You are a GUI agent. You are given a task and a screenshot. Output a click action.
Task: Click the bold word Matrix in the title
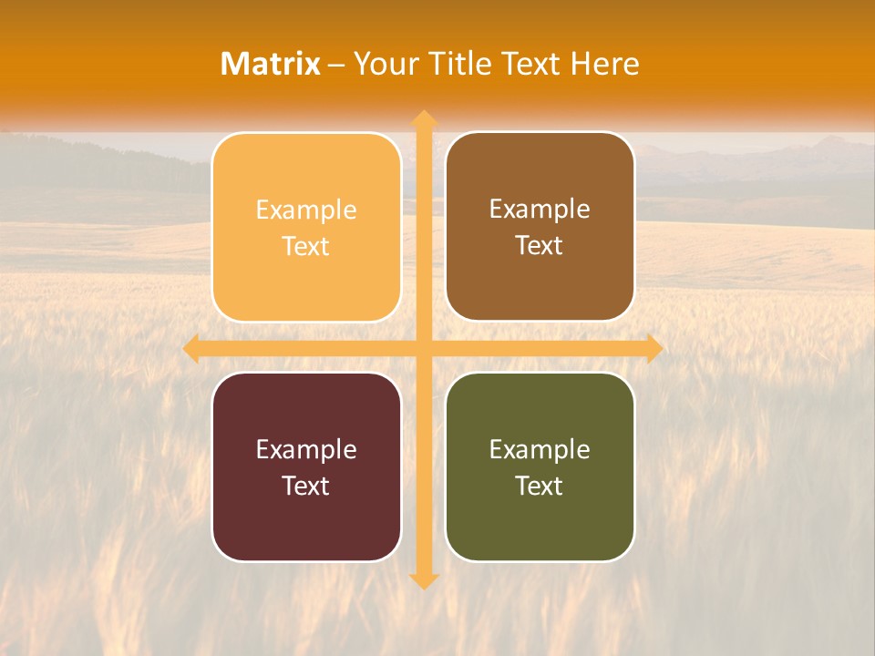[271, 64]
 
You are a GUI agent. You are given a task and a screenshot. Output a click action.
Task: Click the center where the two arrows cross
[424, 348]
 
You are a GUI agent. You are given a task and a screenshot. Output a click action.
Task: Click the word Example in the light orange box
[306, 210]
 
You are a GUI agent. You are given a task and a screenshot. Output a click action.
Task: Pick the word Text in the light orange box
[306, 246]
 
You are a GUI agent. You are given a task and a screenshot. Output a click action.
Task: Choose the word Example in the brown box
[540, 210]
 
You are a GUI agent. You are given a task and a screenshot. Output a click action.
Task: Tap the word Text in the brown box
[540, 245]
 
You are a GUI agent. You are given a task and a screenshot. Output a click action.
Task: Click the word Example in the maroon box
[306, 450]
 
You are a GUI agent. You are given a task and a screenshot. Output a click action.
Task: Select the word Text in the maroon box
[306, 486]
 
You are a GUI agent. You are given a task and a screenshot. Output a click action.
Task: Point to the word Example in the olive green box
[540, 450]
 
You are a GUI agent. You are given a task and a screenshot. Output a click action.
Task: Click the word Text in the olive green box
[540, 486]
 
